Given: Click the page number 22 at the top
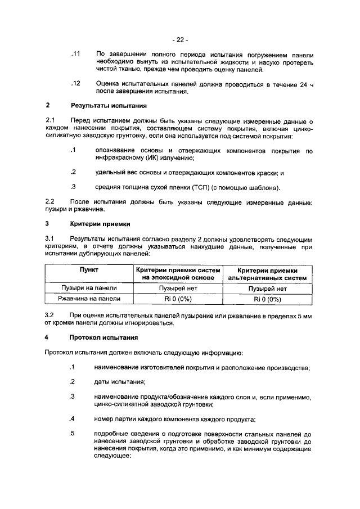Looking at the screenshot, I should [x=180, y=39].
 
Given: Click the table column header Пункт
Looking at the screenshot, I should [x=89, y=271].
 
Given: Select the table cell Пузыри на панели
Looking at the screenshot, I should [x=89, y=289].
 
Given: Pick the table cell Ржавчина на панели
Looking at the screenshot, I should [x=89, y=299].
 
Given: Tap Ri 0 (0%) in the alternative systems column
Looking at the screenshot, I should [x=267, y=299].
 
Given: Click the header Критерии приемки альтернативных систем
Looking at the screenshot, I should [x=267, y=274].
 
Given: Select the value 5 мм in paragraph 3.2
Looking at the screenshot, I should [x=304, y=315].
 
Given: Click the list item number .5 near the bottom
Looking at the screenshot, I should [x=72, y=433].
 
